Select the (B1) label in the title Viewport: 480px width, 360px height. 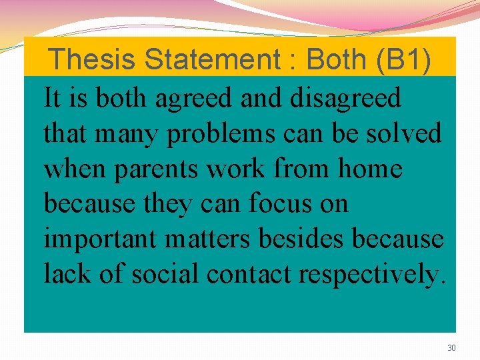pyautogui.click(x=404, y=59)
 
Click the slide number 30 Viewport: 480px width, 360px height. pyautogui.click(x=451, y=348)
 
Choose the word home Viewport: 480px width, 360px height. pyautogui.click(x=370, y=169)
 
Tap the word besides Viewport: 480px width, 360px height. pyautogui.click(x=296, y=238)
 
